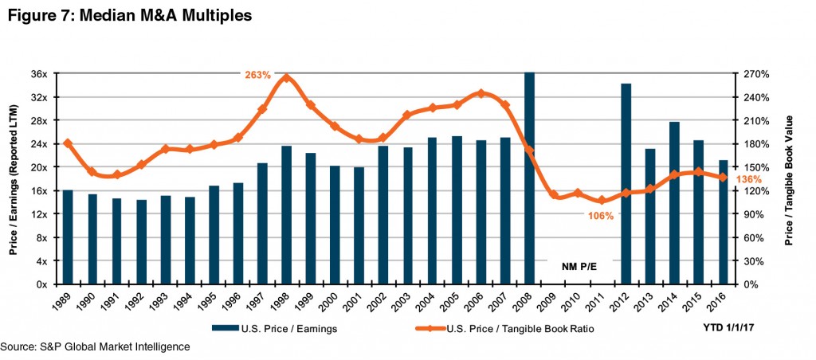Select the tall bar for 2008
point(529,179)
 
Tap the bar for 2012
point(626,183)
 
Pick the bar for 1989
point(68,237)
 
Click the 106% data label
point(601,216)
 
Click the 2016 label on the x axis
point(720,302)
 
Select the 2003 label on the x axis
point(406,302)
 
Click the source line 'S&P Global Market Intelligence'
point(96,347)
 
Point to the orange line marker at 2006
point(481,93)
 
